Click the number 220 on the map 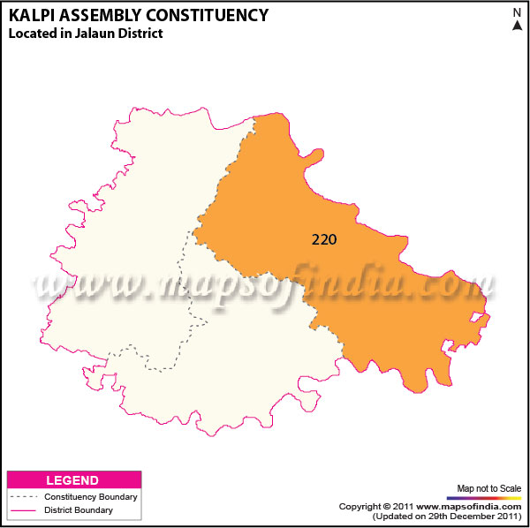point(324,238)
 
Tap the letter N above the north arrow point(517,12)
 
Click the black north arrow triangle point(517,26)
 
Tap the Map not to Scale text point(488,488)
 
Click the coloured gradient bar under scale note point(488,498)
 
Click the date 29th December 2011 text point(467,516)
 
